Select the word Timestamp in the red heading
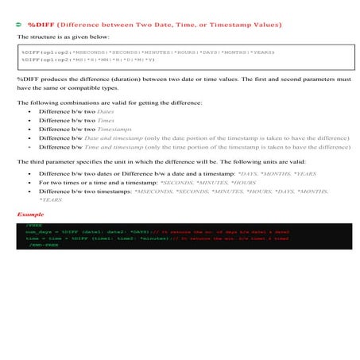pos(237,25)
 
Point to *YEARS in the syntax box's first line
pos(257,52)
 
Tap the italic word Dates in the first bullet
pos(106,112)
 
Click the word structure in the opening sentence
pos(42,37)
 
